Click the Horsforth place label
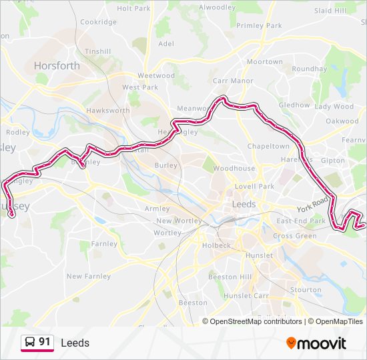pyautogui.click(x=57, y=66)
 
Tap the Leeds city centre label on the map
pyautogui.click(x=244, y=204)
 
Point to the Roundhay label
pyautogui.click(x=309, y=69)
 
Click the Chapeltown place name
pyautogui.click(x=268, y=146)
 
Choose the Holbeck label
pyautogui.click(x=216, y=245)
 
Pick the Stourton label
pyautogui.click(x=306, y=289)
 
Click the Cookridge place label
pyautogui.click(x=98, y=22)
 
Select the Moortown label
pyautogui.click(x=265, y=62)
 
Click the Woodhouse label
pyautogui.click(x=234, y=169)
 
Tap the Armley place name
pyautogui.click(x=157, y=209)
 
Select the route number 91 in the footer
pyautogui.click(x=45, y=342)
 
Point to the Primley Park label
pyautogui.click(x=259, y=25)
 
